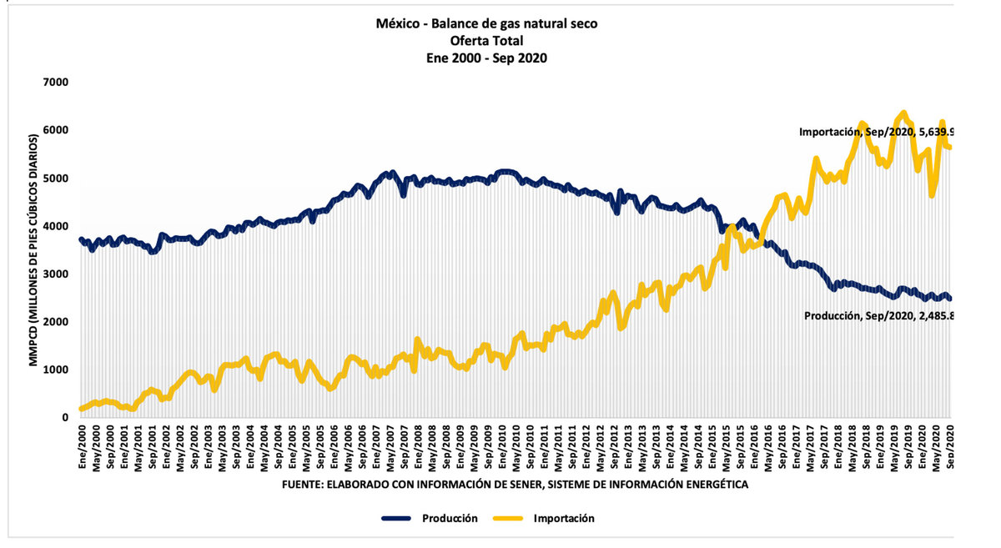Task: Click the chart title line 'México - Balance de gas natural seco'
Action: pyautogui.click(x=486, y=23)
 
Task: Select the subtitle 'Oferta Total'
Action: pyautogui.click(x=486, y=40)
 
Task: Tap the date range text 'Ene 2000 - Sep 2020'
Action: pyautogui.click(x=486, y=58)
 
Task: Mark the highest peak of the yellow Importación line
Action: pyautogui.click(x=903, y=113)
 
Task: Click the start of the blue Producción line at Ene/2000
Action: pyautogui.click(x=81, y=239)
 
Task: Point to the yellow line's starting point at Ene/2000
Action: pyautogui.click(x=81, y=409)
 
